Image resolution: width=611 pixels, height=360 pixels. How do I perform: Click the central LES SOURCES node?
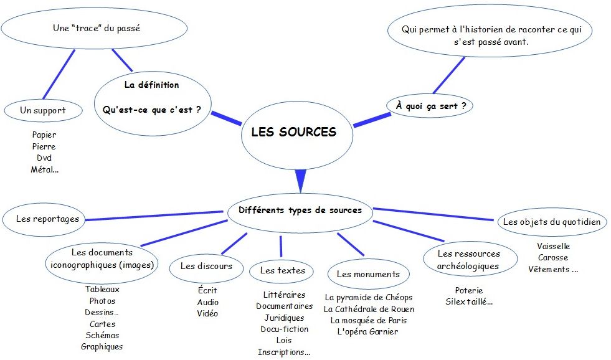(293, 132)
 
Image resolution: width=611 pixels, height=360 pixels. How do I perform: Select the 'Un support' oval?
(43, 110)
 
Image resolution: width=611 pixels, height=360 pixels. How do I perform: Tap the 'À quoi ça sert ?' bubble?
(430, 106)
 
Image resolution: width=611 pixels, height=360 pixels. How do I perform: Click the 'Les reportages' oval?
(44, 219)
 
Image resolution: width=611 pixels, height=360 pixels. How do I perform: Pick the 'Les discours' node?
(206, 266)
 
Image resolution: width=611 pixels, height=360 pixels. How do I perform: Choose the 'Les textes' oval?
(282, 270)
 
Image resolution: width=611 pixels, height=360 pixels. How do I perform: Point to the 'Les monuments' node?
(368, 274)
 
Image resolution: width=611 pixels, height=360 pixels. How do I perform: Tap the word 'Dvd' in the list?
(44, 158)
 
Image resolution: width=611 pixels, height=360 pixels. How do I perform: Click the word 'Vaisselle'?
(553, 246)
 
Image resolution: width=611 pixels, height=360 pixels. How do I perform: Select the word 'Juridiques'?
(284, 318)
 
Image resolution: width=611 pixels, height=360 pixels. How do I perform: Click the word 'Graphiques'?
(102, 346)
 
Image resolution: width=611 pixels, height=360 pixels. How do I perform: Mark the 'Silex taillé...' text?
(469, 302)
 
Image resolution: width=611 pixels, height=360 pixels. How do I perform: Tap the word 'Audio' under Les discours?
(207, 302)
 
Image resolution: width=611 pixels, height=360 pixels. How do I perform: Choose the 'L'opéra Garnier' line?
(367, 331)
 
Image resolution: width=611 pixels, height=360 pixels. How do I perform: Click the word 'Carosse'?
(553, 258)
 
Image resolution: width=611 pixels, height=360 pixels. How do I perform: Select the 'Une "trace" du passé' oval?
(93, 28)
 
